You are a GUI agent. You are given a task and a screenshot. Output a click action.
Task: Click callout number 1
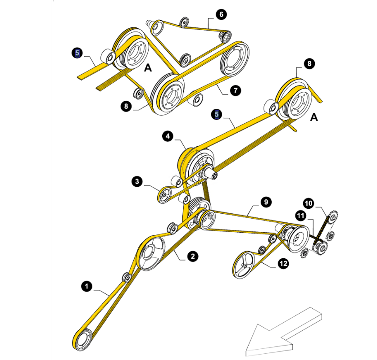coord(87,286)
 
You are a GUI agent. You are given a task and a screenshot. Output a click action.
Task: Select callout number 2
coord(193,256)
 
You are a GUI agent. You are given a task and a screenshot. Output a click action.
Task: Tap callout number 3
coord(137,181)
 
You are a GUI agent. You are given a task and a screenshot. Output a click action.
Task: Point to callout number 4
coord(168,136)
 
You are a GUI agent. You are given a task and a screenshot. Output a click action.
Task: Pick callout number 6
coord(221,14)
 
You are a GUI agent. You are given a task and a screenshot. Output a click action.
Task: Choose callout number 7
coord(236,90)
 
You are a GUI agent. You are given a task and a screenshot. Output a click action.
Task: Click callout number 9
coord(266,202)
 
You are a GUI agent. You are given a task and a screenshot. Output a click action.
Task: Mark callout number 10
coord(309,203)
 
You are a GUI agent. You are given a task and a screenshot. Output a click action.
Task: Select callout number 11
coord(301,216)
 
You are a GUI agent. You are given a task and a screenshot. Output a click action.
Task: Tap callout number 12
coord(283,264)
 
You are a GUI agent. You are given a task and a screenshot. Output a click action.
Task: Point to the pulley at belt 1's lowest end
coord(83,339)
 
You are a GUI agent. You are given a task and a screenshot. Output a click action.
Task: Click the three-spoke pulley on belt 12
coord(244,265)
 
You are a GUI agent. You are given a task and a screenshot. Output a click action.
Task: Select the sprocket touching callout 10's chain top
coord(333,217)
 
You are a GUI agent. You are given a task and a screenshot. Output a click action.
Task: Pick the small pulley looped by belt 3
coord(164,195)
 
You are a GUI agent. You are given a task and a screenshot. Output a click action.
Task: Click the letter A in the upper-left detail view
coord(148,68)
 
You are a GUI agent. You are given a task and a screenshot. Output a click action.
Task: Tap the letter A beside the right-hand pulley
coord(314,117)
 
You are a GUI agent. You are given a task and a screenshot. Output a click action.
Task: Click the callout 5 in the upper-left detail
coord(77,53)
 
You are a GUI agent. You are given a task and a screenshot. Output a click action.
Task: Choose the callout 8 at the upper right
coord(309,63)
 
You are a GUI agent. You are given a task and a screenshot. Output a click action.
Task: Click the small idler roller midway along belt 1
coord(127,278)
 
